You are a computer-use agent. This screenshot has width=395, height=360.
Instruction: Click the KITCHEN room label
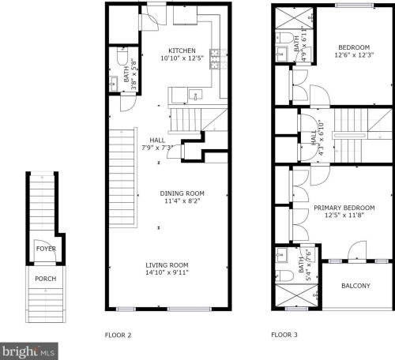[182, 51]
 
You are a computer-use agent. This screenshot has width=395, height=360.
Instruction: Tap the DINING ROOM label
[182, 193]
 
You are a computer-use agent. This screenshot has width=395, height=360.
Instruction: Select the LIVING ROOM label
[167, 265]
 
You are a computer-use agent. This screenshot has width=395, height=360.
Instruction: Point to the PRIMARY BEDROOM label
[344, 208]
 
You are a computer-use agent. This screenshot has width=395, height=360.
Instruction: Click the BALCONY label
[355, 286]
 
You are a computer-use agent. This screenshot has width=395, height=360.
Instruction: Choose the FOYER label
[46, 249]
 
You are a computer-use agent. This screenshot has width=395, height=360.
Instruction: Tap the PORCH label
[46, 279]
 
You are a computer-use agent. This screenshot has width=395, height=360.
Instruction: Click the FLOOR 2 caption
[118, 336]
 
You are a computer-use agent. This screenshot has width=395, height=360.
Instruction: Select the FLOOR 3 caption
[284, 335]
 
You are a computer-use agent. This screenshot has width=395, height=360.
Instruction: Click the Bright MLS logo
[29, 351]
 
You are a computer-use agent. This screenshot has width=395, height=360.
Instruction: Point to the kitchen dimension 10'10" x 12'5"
[182, 58]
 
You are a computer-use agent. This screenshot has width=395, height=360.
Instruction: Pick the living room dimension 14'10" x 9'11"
[167, 272]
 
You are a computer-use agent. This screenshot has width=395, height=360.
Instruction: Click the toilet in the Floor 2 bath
[122, 56]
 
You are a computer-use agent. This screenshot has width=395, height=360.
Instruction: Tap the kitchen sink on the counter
[195, 95]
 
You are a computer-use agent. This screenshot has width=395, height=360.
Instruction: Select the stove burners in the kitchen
[215, 59]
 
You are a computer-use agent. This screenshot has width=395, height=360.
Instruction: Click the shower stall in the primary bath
[296, 295]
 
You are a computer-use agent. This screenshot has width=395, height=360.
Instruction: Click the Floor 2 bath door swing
[128, 102]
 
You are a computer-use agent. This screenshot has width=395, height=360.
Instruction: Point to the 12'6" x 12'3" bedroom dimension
[354, 55]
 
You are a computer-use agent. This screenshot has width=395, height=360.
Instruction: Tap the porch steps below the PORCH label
[46, 306]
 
